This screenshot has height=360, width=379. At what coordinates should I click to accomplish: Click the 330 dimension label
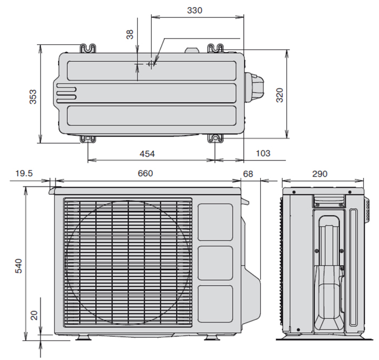point(195,10)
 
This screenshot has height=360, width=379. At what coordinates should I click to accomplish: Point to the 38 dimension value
point(130,34)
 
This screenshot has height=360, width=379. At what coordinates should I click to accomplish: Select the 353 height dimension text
point(33,97)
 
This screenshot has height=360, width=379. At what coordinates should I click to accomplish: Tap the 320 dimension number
point(279,95)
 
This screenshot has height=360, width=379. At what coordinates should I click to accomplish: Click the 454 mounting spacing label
point(147,154)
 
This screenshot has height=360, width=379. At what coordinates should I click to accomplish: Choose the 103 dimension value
point(263,153)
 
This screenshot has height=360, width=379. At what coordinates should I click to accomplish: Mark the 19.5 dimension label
point(24,173)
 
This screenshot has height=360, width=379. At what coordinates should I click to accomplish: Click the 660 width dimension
point(145,173)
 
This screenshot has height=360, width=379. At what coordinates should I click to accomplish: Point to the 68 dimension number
point(248,174)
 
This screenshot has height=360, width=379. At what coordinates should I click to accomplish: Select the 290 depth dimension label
point(319,174)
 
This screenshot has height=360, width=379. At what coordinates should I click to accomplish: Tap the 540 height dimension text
point(18,266)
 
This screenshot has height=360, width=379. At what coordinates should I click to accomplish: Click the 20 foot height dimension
point(34,316)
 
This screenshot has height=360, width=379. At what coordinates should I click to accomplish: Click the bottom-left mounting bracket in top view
point(88,139)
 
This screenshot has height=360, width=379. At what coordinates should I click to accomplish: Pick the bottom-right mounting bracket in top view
point(216,139)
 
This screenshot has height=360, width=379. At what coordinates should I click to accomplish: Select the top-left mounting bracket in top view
point(88,48)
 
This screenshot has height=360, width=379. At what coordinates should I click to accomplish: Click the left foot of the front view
point(83,338)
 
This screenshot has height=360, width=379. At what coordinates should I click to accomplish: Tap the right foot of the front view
point(212,338)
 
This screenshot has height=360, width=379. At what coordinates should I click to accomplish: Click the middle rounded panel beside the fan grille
point(215,263)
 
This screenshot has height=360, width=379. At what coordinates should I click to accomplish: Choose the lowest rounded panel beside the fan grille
point(215,304)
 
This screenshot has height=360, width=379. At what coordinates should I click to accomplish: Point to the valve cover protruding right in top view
point(254,86)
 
